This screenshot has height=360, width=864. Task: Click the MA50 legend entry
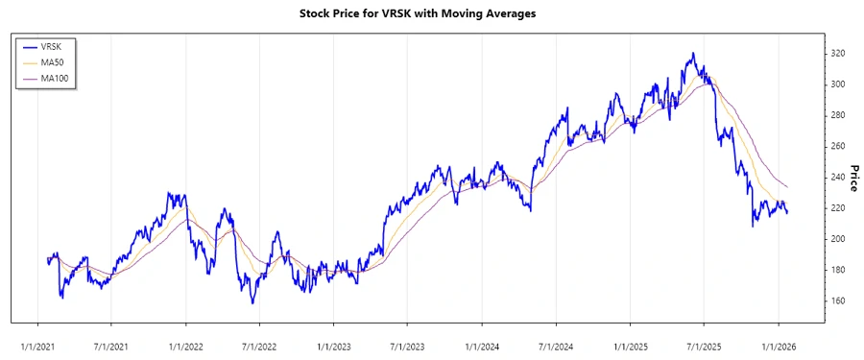point(53,61)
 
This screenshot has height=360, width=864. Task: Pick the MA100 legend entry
point(55,78)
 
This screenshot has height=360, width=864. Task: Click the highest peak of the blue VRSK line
point(691,54)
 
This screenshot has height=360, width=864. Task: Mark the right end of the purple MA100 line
point(788,187)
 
